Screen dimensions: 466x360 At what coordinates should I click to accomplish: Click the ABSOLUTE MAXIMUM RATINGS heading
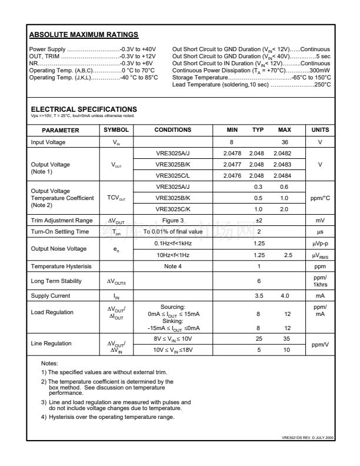point(84,35)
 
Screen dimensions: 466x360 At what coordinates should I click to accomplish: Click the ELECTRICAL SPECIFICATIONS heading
point(84,109)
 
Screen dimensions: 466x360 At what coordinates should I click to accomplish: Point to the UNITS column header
point(319,129)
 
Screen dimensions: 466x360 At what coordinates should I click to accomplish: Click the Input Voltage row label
point(48,142)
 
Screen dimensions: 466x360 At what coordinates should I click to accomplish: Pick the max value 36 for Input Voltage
point(285,142)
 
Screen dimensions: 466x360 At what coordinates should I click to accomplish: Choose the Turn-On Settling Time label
point(59,231)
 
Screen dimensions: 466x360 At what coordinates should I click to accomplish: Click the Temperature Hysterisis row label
point(61,266)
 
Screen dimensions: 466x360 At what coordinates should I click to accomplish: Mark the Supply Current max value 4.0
point(285,295)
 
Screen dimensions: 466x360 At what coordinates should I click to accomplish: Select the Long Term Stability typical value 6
point(258,281)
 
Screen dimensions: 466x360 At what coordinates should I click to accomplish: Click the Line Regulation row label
point(51,342)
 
